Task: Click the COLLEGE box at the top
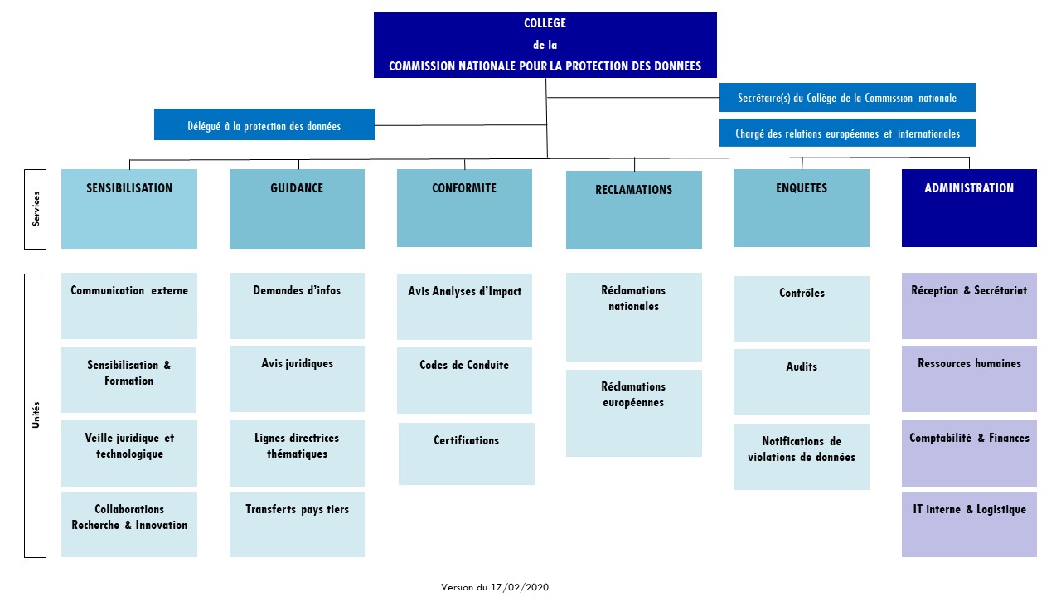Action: tap(545, 45)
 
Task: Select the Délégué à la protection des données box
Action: tap(264, 124)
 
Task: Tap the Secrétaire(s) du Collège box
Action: tap(847, 98)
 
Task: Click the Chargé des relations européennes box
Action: tap(847, 133)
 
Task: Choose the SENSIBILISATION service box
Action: tap(129, 209)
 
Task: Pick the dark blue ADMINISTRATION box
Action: tap(969, 208)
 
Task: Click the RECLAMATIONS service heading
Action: tap(634, 190)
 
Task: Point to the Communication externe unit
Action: tap(129, 306)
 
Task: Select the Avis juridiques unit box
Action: tap(297, 379)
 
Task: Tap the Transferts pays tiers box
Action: tap(297, 525)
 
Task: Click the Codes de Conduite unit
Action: tap(465, 381)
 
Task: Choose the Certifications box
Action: tap(467, 454)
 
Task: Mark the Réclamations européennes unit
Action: tap(634, 413)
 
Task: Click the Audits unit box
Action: tap(802, 382)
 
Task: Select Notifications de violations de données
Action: tap(802, 457)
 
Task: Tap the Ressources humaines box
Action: tap(969, 379)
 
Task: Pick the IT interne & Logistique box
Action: tap(969, 525)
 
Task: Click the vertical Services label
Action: tap(36, 209)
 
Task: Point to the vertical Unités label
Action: tap(36, 415)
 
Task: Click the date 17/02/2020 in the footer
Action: tap(520, 588)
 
